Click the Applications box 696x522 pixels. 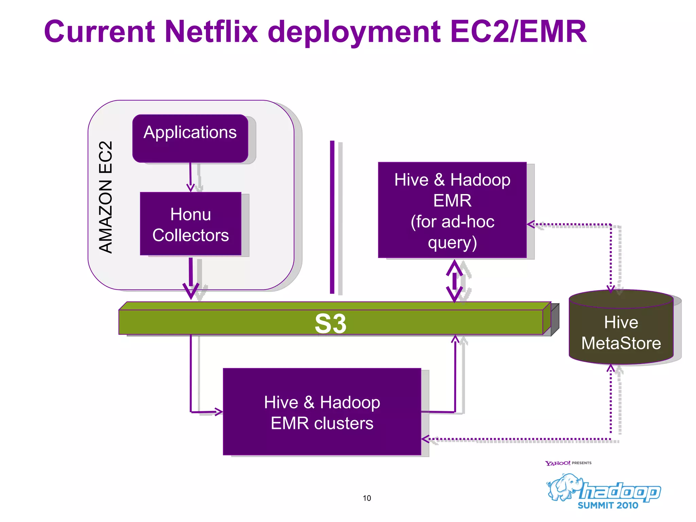tap(190, 138)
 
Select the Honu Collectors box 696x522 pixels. tap(190, 224)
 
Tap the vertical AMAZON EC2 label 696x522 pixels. tap(105, 197)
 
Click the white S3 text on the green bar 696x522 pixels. tap(330, 324)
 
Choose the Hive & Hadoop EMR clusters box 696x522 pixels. tap(322, 412)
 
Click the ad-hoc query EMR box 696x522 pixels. tap(452, 210)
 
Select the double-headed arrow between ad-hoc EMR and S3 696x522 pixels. tap(454, 281)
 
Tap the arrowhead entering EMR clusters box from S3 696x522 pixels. tap(218, 412)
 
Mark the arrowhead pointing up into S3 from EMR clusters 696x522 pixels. tap(455, 339)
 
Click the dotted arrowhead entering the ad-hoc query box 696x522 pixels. tap(531, 224)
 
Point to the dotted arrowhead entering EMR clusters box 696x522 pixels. tap(426, 439)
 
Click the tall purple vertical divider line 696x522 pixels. tap(332, 217)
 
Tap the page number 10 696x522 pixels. tap(367, 498)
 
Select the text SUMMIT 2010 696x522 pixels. tap(608, 505)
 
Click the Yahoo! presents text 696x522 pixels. tap(568, 463)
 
